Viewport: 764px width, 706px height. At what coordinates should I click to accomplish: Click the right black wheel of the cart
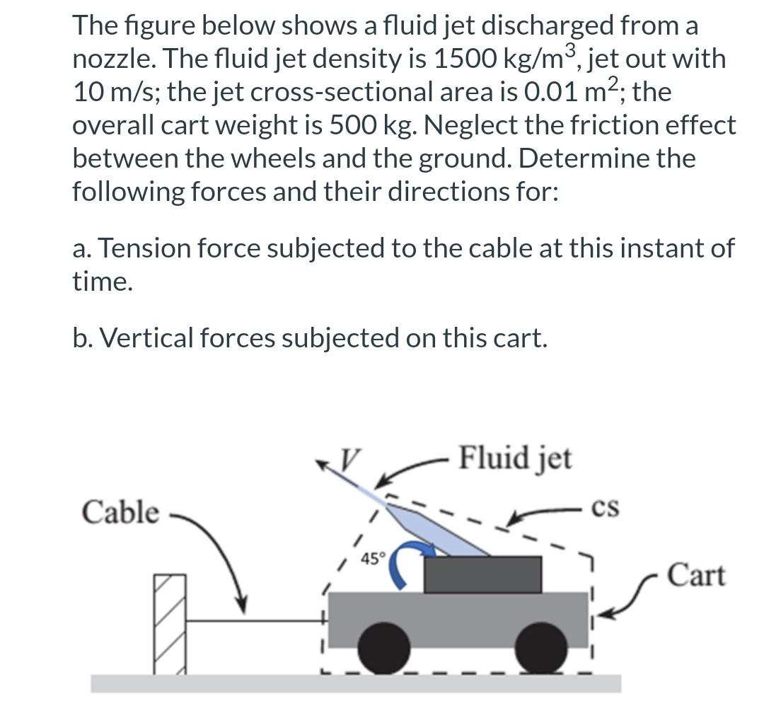(x=541, y=646)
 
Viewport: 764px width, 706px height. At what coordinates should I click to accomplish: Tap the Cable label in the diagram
(x=120, y=512)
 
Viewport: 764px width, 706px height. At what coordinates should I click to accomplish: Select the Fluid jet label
(x=515, y=458)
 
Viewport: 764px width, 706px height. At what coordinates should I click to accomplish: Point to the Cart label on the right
(x=696, y=574)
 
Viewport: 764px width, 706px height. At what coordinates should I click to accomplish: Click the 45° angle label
(x=372, y=559)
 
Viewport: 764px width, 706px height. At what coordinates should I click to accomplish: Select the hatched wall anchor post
(x=170, y=623)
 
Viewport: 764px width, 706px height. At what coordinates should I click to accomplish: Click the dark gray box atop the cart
(x=482, y=574)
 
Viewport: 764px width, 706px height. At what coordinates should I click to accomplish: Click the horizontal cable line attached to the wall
(x=255, y=621)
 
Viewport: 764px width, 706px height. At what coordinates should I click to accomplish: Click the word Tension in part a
(x=158, y=248)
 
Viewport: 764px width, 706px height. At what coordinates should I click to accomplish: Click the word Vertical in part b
(x=146, y=338)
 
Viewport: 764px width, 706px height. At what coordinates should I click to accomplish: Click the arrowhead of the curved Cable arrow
(x=243, y=607)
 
